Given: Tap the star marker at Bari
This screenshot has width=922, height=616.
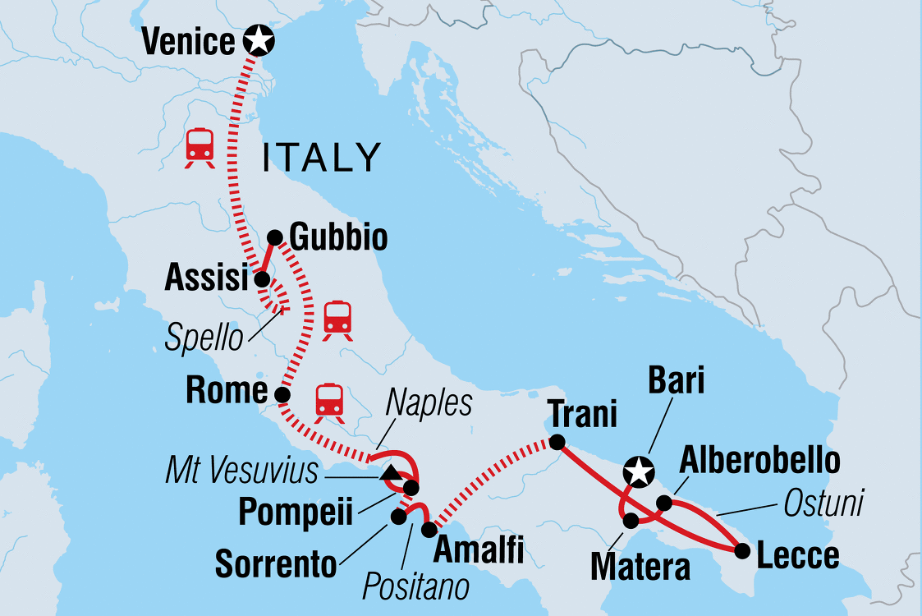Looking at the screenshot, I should (x=638, y=472).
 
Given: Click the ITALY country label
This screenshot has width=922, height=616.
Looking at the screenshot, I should (x=322, y=157).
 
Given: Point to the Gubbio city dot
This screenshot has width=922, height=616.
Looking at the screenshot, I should (x=275, y=237).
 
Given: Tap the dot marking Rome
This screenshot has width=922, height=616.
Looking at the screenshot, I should (x=282, y=395).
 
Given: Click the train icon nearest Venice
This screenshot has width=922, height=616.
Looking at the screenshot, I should (x=200, y=147).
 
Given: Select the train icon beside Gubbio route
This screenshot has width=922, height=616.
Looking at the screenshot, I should (x=337, y=319).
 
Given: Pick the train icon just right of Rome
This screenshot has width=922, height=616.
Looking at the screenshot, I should (x=329, y=402).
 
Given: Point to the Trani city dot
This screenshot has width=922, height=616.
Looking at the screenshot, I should (x=557, y=443).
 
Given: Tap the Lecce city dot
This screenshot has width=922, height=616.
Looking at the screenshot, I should (x=742, y=550).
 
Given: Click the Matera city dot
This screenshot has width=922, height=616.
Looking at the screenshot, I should (x=631, y=521).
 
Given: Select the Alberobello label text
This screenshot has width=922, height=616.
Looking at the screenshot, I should (x=760, y=462).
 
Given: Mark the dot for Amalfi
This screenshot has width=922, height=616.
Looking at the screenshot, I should (x=429, y=530).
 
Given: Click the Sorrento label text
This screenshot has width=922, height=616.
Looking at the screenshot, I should (x=276, y=563).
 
